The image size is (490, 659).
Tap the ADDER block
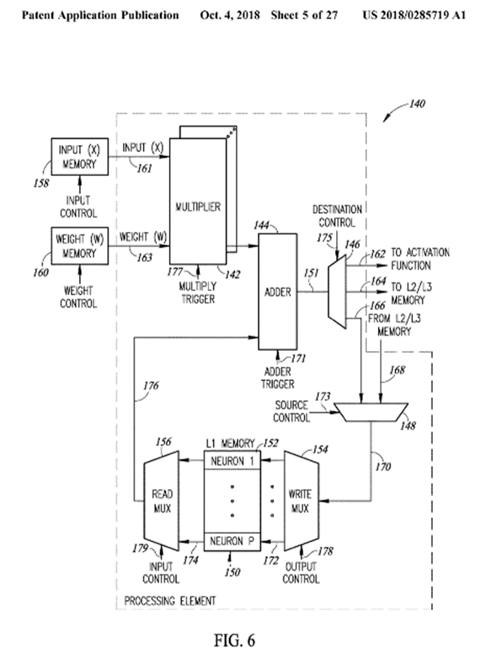tap(277, 292)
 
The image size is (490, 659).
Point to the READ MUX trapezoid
tap(162, 501)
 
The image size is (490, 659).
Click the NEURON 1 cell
tap(232, 462)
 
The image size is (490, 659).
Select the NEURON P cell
tap(232, 541)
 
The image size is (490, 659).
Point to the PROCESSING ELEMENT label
tap(170, 601)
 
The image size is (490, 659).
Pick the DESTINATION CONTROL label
tap(337, 216)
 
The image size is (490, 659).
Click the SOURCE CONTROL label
tap(291, 411)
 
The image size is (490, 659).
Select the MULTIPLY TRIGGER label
tap(198, 291)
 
